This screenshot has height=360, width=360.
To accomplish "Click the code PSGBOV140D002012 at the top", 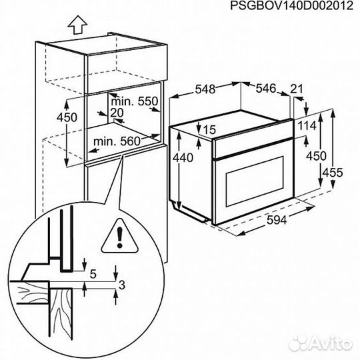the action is tap(291, 5).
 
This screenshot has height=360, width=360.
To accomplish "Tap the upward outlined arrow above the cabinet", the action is tap(77, 25).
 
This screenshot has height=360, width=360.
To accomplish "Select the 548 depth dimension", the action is tap(205, 89).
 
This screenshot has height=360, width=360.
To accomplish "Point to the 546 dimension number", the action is tap(265, 89).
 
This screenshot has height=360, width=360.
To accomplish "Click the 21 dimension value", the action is tap(297, 89).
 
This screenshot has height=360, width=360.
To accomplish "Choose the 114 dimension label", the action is tap(307, 126).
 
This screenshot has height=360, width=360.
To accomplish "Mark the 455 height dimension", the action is tap(333, 173).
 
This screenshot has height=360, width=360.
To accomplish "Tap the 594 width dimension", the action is tap(277, 221).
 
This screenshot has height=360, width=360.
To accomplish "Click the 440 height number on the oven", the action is tap(183, 158).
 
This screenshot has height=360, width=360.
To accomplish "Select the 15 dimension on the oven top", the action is tap(209, 130).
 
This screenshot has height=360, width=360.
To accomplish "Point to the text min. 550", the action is tap(135, 101).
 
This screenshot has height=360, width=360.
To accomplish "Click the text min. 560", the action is tap(117, 141).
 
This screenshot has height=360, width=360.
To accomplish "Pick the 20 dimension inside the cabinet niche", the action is tap(117, 113).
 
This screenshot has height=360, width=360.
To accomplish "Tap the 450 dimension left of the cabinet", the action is tap(67, 117).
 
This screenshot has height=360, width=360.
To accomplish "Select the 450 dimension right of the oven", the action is tap(316, 156).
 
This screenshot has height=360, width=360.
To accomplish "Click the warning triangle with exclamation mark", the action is tap(119, 236).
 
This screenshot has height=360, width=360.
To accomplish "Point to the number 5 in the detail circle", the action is tap(93, 274).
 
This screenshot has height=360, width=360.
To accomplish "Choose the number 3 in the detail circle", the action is tap(122, 285).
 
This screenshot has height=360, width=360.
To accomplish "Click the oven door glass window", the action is tap(255, 181).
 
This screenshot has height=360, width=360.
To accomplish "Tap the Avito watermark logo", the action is tap(321, 344).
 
